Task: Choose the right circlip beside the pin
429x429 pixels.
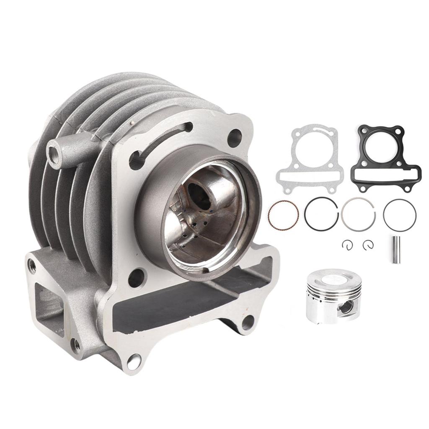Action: tap(369, 244)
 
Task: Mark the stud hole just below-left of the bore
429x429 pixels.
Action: tap(136, 277)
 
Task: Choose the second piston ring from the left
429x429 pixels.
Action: tap(321, 213)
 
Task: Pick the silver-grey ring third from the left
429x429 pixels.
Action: tap(359, 214)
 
